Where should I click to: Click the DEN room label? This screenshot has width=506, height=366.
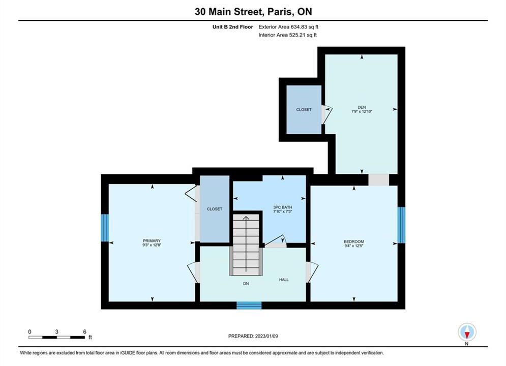(362, 107)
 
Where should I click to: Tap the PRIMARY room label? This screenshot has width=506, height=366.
(152, 240)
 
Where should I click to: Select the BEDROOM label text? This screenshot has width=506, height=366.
(354, 241)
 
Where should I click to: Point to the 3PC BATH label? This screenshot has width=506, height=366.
(283, 207)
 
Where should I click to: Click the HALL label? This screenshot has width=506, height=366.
(284, 280)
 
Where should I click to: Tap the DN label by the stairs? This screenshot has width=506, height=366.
(246, 284)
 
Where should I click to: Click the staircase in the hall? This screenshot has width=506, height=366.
(246, 245)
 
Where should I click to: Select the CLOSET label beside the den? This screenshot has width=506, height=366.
(304, 110)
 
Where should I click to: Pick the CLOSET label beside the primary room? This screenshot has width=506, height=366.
(215, 209)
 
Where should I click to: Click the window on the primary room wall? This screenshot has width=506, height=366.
(105, 228)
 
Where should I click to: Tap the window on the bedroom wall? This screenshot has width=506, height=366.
(401, 225)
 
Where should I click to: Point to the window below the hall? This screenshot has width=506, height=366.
(249, 306)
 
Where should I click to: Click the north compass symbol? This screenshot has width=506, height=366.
(467, 332)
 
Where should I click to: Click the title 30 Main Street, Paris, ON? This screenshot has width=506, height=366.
(253, 12)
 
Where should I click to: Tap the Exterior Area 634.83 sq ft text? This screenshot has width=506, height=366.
(288, 27)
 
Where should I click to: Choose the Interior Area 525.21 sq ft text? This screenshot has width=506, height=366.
(287, 35)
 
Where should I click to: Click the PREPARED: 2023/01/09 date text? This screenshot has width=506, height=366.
(253, 336)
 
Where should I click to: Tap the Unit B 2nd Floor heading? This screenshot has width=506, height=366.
(233, 27)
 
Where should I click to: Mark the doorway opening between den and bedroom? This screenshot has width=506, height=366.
(379, 180)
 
